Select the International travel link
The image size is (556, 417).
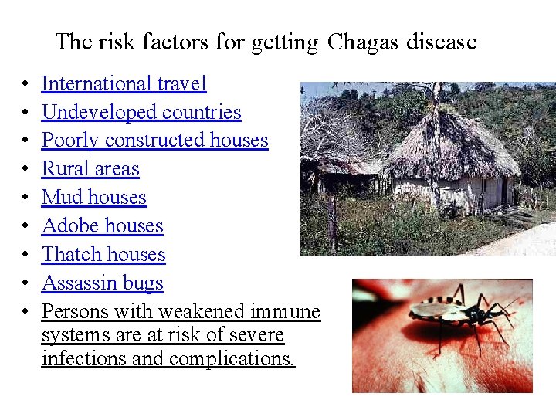click(124, 83)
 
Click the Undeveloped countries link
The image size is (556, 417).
click(141, 112)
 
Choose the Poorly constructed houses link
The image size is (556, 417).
click(154, 141)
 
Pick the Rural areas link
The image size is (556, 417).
click(90, 169)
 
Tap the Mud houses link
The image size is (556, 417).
click(93, 198)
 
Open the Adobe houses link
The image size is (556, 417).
click(102, 226)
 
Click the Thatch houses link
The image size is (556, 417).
click(103, 255)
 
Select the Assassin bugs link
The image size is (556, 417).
click(102, 283)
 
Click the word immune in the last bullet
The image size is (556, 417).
click(285, 312)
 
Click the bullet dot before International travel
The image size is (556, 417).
click(25, 84)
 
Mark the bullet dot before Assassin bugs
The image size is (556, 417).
click(25, 284)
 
